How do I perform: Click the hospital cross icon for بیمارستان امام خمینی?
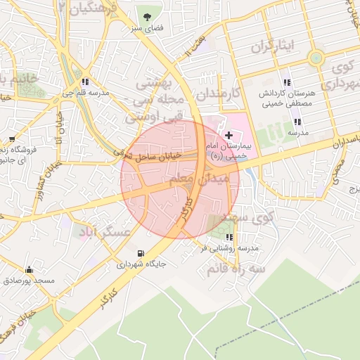tap(229, 134)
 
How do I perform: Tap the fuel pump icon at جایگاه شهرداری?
tap(141, 253)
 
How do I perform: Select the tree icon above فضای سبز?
tap(146, 16)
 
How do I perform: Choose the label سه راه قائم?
tap(236, 269)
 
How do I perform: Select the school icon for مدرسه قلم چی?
tap(86, 81)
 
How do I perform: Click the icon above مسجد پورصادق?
tap(29, 269)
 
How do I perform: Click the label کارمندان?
tap(218, 93)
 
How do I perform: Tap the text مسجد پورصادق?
tap(29, 281)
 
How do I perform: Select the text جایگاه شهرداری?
tap(141, 265)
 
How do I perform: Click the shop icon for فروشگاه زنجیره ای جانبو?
tap(12, 139)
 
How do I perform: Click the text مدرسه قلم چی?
tap(86, 93)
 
